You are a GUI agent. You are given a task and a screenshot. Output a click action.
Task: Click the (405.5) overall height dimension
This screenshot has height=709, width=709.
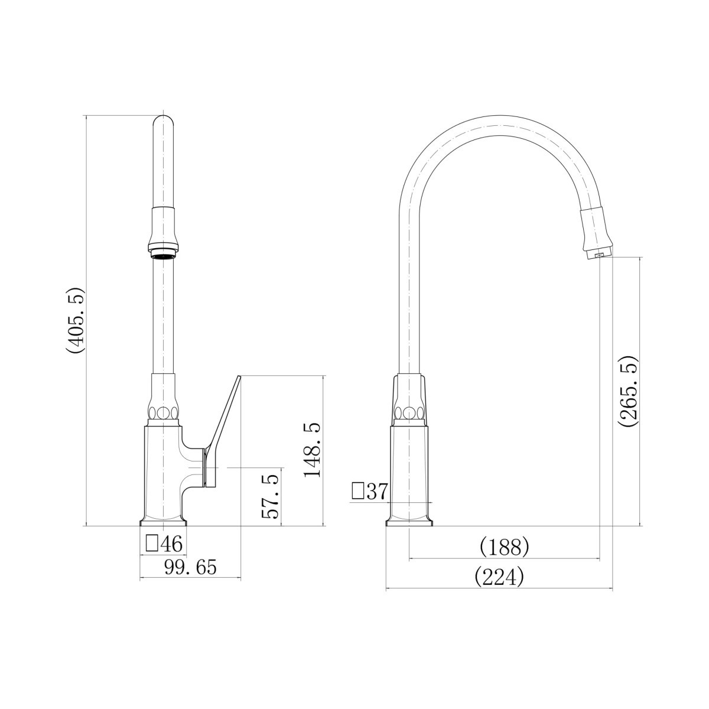point(77,320)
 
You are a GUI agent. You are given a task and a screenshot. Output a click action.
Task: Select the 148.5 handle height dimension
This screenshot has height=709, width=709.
point(313,450)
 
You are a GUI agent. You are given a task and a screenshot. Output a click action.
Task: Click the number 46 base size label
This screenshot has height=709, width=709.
point(171,544)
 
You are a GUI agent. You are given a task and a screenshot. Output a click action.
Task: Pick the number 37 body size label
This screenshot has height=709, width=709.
point(378,492)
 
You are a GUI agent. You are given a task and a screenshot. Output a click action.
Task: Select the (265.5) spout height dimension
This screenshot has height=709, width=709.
point(628,391)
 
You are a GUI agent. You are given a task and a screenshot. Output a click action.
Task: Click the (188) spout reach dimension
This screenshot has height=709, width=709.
point(505,548)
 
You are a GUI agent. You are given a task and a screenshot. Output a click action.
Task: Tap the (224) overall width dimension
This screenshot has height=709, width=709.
point(499,577)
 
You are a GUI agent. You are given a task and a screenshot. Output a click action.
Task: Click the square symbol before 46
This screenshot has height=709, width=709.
point(152,543)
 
